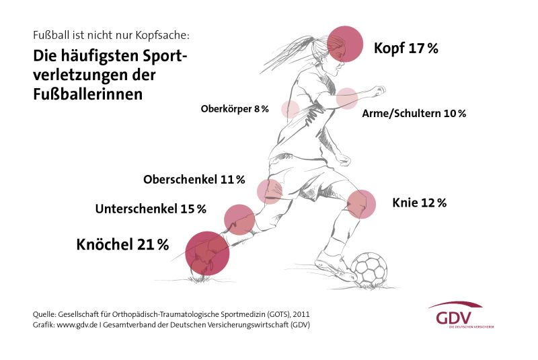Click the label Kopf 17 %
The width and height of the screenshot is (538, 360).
coord(406,48)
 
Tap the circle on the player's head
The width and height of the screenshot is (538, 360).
coord(345,44)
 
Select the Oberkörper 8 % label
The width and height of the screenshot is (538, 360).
coord(235,108)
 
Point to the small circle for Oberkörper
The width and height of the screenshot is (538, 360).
coord(291,109)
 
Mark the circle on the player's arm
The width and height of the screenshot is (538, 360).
coord(347,98)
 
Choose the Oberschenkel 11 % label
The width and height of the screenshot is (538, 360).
coord(194,180)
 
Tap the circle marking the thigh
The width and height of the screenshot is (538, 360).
coord(269,191)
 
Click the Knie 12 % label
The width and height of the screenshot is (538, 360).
coord(419,203)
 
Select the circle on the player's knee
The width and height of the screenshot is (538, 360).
coord(361,204)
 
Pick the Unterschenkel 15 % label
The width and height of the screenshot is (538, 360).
coord(151,209)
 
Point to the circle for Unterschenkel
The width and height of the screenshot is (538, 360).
coord(239,219)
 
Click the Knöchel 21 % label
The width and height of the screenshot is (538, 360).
coord(122,244)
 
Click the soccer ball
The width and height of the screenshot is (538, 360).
coord(370,269)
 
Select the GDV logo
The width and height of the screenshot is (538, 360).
coord(455,315)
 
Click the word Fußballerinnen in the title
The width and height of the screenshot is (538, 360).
coord(88,94)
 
